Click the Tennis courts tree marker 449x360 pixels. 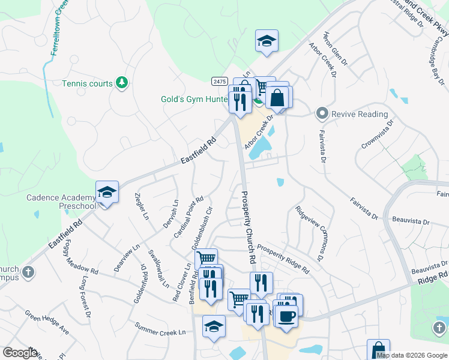click(122, 82)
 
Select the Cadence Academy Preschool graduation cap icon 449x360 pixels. click(106, 193)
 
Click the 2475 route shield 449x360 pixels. click(219, 82)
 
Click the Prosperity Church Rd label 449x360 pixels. click(249, 227)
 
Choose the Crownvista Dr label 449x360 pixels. click(377, 134)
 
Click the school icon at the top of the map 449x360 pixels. click(266, 41)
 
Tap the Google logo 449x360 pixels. click(20, 353)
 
